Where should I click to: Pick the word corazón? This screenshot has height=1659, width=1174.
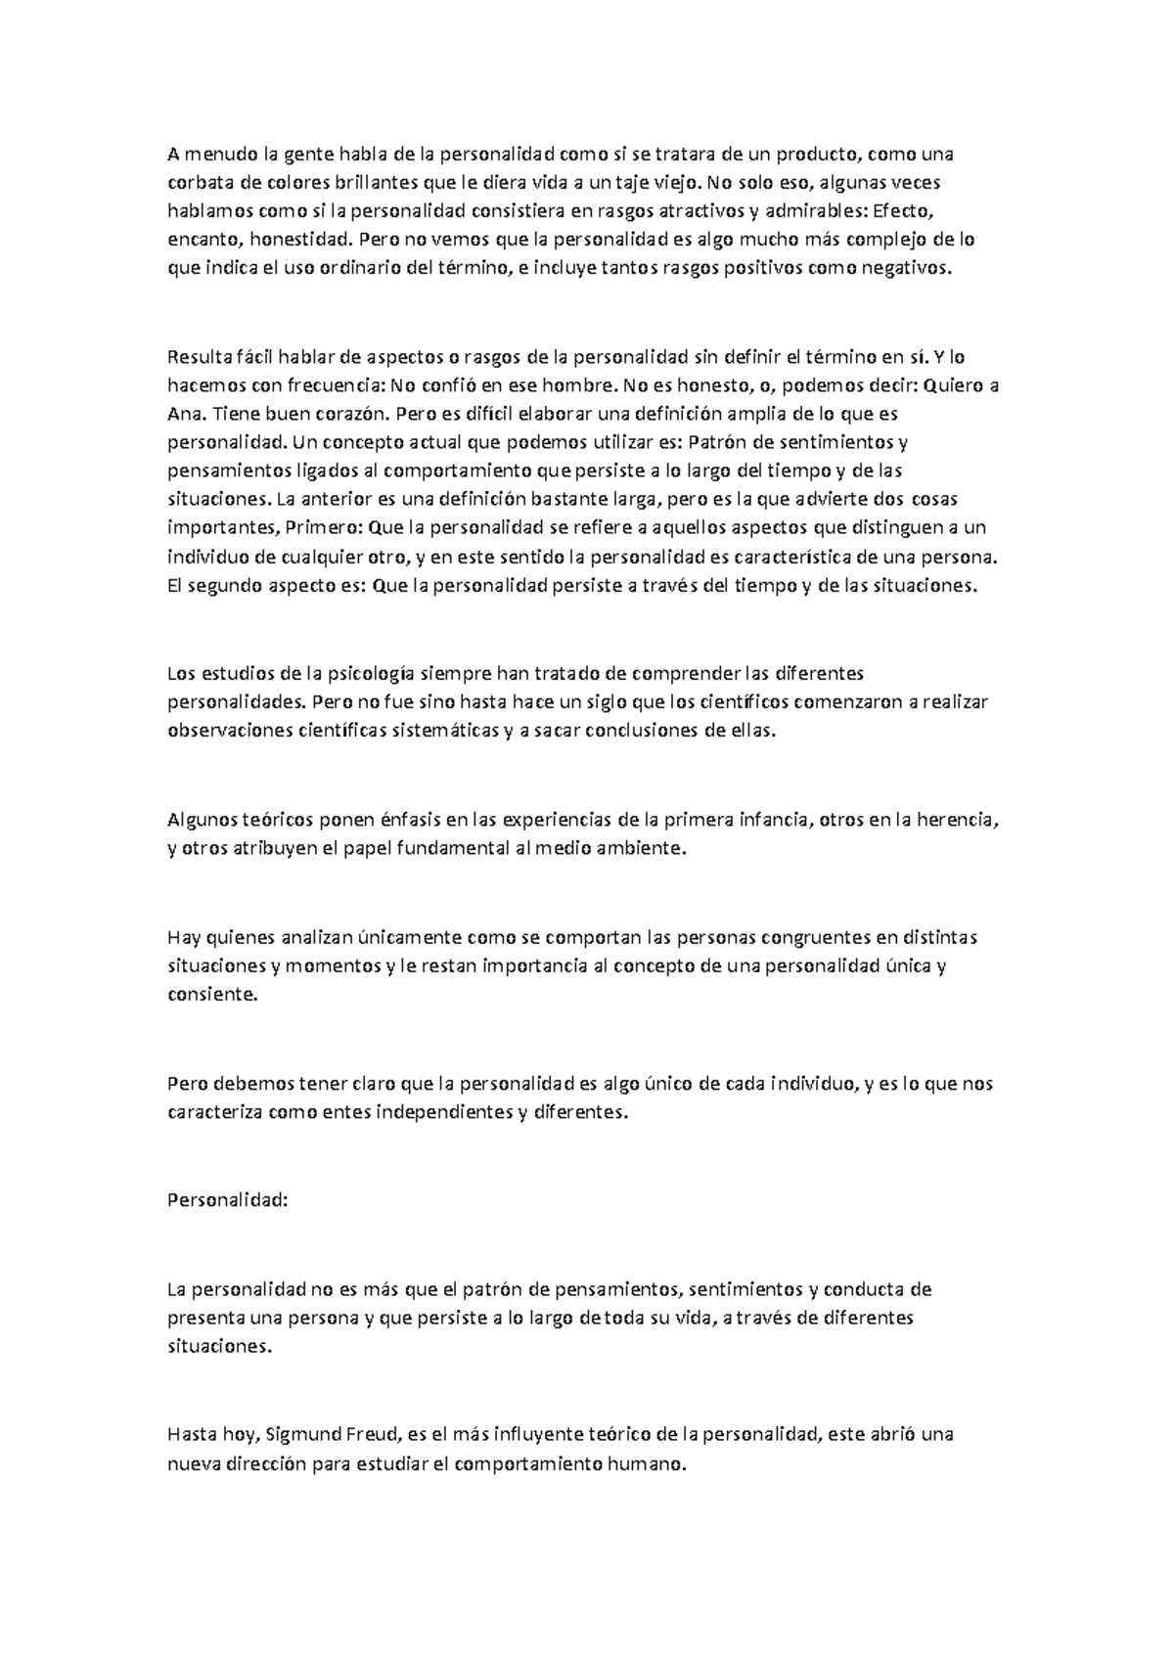tap(342, 414)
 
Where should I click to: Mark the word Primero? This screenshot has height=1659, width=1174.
tap(323, 529)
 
